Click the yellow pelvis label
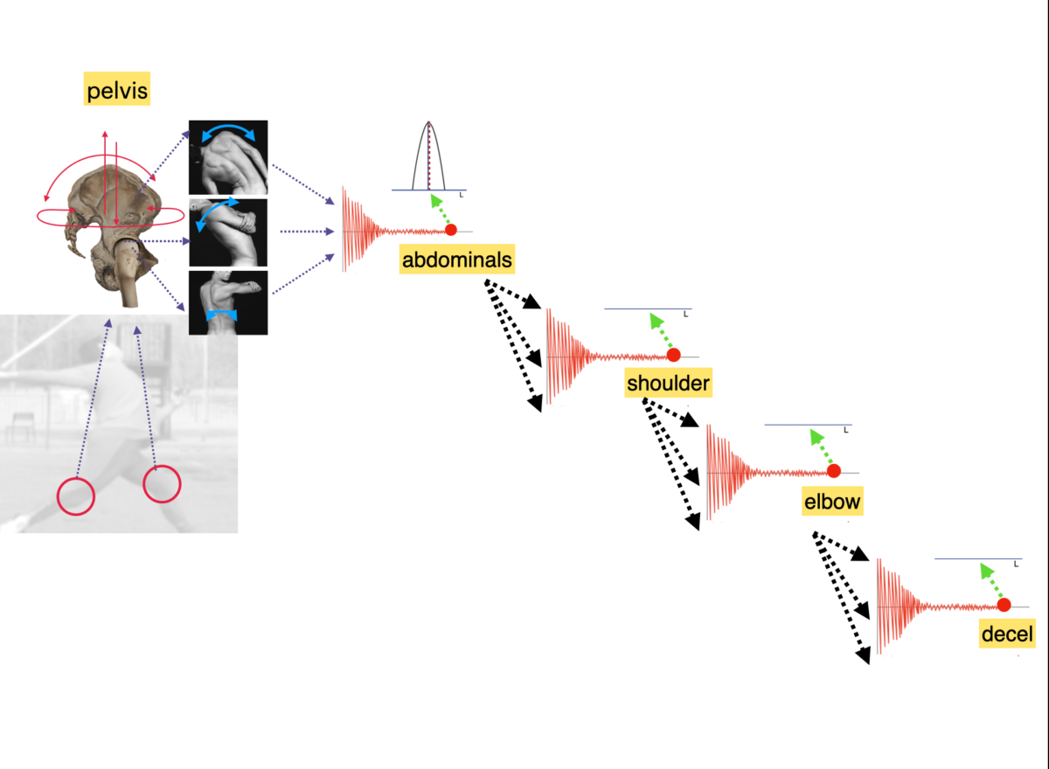116,89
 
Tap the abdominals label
456,260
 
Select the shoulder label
668,383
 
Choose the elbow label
832,502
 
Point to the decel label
1007,634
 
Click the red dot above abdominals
451,230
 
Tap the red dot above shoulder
673,356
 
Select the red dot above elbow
834,471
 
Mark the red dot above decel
1004,606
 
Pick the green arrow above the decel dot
991,581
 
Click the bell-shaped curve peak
428,122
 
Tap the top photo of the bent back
228,157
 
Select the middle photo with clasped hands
228,232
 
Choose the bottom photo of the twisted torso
228,303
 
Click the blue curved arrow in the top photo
228,127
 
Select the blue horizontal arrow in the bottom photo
221,315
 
